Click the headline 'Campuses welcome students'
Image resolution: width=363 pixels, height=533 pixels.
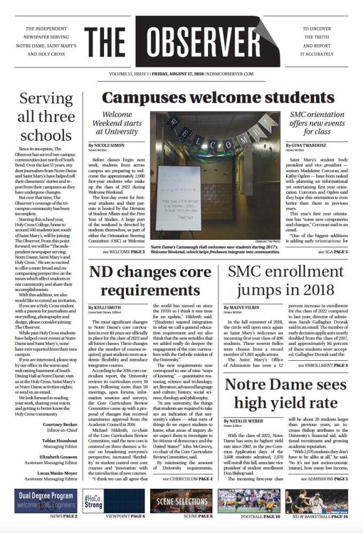click(210, 98)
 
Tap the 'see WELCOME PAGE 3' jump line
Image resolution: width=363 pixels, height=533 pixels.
click(124, 251)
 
